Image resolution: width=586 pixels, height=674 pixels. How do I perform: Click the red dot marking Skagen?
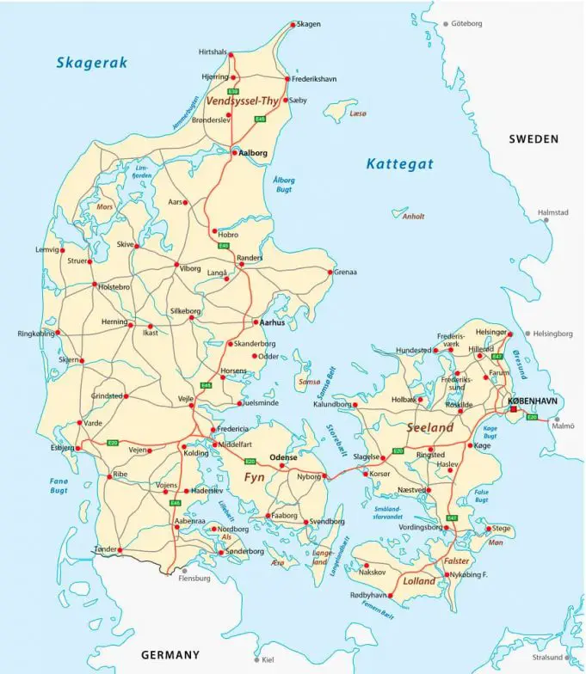point(292,24)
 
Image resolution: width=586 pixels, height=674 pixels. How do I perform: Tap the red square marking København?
point(514,410)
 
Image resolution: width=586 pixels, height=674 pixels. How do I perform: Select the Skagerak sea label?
point(91,62)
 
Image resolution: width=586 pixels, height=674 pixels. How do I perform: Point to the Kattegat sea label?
point(399,163)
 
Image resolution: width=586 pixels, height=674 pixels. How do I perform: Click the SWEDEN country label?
point(534,138)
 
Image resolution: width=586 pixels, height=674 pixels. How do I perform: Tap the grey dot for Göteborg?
point(445,24)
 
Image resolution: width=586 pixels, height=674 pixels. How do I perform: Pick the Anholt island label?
point(413,217)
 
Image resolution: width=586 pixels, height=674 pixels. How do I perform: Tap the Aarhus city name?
point(272,322)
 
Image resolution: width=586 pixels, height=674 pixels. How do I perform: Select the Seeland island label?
point(430,427)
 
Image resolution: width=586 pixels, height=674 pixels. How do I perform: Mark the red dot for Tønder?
point(120,550)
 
